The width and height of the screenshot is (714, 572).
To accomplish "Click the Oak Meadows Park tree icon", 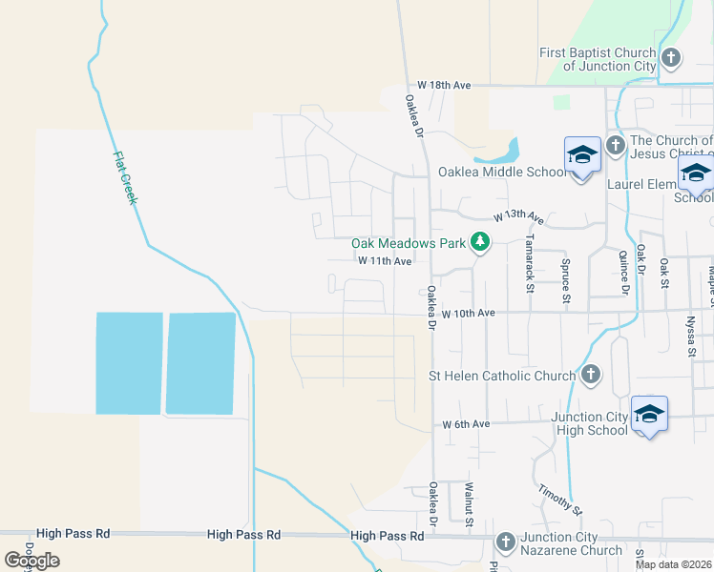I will coord(480,243).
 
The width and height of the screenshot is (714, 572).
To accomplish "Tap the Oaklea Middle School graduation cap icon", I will coord(581,155).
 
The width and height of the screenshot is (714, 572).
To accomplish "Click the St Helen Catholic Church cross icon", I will coord(591,375).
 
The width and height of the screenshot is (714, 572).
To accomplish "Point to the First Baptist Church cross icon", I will coord(671,58).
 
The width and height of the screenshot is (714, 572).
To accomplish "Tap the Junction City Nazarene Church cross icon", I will coord(506,542).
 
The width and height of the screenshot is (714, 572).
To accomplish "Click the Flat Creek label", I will coord(126,178).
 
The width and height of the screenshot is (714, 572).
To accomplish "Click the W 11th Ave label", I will coord(385,260).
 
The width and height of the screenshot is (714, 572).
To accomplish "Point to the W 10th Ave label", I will coord(468,313).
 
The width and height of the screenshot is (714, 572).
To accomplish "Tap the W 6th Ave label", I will coord(466,423).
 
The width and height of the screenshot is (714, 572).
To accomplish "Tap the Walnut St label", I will coord(470,503).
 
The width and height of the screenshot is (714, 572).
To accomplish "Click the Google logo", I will coord(31,560).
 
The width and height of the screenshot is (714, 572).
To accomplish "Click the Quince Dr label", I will coord(624,272).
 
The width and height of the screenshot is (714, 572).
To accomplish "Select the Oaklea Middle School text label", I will coord(502,173).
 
